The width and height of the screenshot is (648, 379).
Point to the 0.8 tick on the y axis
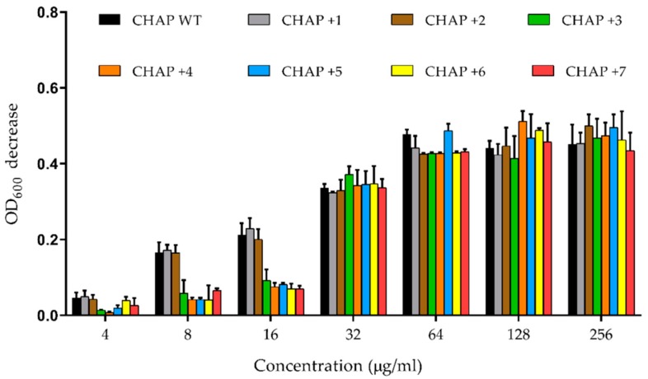click(45, 12)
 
